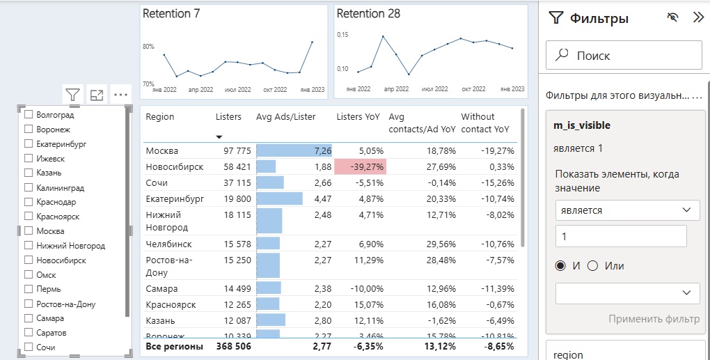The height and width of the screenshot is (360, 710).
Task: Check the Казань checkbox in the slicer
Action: point(29,173)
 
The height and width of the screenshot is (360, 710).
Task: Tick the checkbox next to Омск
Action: point(29,274)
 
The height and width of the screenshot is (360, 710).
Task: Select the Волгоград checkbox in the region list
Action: point(29,114)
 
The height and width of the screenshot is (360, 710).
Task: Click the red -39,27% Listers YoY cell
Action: point(360,167)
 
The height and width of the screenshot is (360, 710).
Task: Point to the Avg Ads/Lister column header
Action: point(285,117)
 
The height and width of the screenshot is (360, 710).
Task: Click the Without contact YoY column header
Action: point(484,123)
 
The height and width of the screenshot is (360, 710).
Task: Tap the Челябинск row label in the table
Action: point(168,244)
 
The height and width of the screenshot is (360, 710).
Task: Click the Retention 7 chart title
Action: point(171,13)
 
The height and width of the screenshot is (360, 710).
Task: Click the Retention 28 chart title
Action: point(368,13)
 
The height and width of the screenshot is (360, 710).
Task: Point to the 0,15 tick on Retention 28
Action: point(342,34)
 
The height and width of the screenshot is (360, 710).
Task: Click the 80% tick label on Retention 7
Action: point(148,47)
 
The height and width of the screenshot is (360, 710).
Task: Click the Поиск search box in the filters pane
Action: point(624,56)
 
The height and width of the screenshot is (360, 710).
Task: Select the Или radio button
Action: point(593,266)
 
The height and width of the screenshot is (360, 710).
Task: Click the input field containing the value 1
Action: point(621,236)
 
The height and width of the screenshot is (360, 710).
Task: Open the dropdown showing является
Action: point(627,210)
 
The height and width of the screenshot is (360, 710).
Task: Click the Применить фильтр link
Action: point(654,319)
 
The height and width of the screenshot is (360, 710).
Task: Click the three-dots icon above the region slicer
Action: point(121,95)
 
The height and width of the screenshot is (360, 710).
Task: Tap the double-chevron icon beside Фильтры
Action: point(698,18)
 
